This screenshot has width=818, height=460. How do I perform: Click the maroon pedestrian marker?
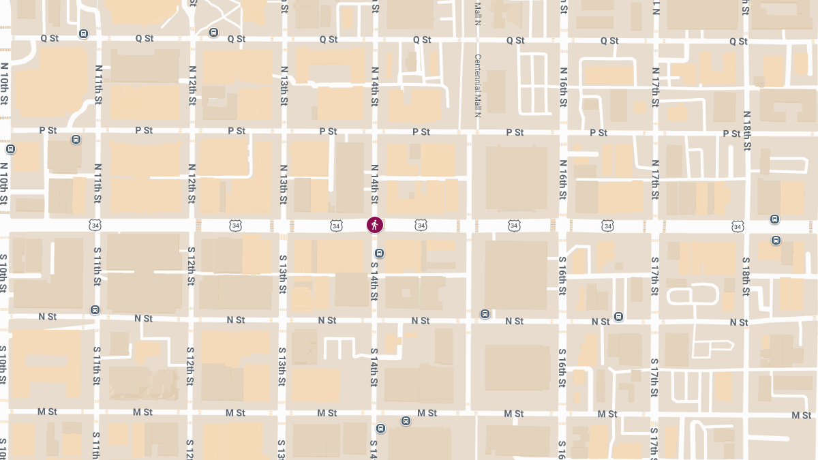tap(375, 224)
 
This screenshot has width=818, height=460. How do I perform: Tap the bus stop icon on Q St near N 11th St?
tap(84, 33)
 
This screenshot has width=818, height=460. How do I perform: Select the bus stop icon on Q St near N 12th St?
tap(213, 33)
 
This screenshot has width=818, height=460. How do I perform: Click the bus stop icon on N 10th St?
tap(10, 149)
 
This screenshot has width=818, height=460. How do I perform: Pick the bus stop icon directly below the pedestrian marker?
tap(380, 254)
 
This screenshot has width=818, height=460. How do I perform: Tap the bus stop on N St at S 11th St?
tap(95, 310)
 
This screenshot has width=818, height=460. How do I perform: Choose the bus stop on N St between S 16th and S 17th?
tap(618, 316)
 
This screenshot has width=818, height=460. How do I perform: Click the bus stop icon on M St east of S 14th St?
tap(406, 420)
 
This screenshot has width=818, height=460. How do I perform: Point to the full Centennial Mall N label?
tap(478, 86)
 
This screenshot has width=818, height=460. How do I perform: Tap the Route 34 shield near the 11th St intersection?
tap(94, 225)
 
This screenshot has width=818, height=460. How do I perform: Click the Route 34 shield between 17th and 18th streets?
tap(737, 226)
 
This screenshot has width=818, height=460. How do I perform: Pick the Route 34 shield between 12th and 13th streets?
tap(235, 225)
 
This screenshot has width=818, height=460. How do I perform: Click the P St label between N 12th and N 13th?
tap(237, 131)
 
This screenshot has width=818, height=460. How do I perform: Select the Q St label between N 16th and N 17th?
tap(609, 41)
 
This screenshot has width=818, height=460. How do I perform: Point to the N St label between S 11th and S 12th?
tap(143, 318)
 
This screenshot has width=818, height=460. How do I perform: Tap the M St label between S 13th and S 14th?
tap(327, 413)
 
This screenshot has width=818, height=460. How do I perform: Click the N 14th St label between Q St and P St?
tap(374, 87)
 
